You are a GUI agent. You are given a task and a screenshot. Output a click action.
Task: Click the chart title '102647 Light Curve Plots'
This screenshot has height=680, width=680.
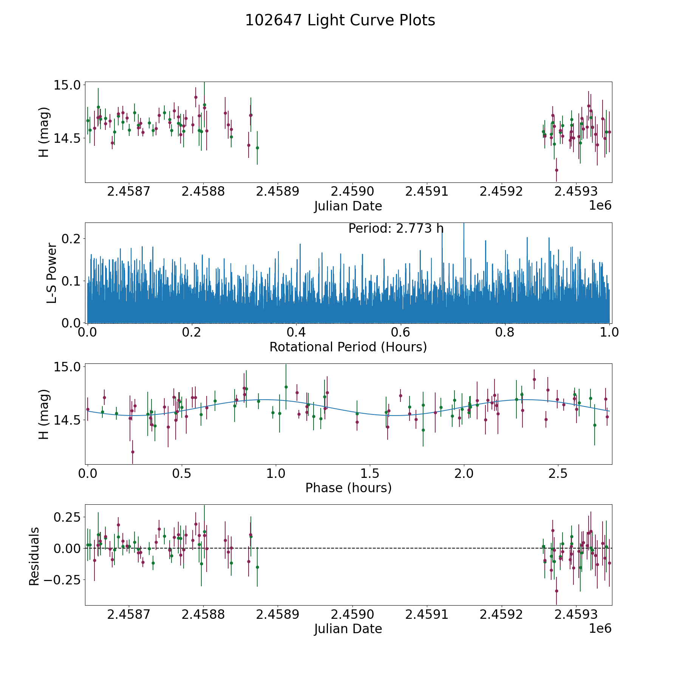[x=340, y=20]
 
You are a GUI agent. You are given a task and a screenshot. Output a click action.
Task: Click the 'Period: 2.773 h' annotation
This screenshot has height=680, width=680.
[x=396, y=229]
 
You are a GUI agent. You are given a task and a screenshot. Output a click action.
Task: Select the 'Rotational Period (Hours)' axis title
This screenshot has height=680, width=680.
[x=348, y=347]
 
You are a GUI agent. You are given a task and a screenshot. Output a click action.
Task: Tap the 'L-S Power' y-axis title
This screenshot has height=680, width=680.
[x=52, y=273]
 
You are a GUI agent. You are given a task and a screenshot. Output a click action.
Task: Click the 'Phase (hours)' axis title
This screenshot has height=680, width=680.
[x=348, y=488]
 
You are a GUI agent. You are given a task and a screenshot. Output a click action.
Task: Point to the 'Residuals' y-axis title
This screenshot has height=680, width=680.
[x=34, y=556]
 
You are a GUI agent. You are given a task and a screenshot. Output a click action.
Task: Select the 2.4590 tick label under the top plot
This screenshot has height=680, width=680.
[x=352, y=192]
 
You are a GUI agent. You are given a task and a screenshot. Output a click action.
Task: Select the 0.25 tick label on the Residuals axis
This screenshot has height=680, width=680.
[x=67, y=516]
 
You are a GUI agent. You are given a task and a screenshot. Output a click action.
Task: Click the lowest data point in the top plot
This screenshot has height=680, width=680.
[x=556, y=170]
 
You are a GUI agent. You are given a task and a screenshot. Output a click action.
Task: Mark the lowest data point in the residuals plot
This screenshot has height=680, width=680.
[x=556, y=591]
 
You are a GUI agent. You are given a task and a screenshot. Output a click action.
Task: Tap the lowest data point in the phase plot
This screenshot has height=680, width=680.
[x=133, y=452]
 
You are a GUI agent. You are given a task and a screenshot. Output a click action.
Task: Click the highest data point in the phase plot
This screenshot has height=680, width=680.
[x=534, y=379]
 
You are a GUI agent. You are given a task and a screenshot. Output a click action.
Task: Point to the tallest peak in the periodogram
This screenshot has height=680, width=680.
[x=464, y=224]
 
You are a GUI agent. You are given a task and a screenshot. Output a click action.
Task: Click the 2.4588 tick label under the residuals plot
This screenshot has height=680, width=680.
[x=203, y=615]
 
